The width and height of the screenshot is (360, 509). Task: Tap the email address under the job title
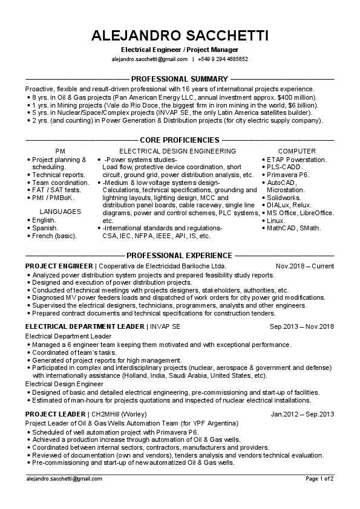(x=149, y=59)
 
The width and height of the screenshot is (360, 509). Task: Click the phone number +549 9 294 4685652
(x=223, y=59)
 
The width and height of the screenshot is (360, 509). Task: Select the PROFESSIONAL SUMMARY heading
(x=180, y=79)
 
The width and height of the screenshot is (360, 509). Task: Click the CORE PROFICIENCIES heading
(x=180, y=139)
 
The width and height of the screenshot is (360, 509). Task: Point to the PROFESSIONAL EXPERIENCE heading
(x=180, y=255)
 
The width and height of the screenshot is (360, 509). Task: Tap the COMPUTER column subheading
(x=296, y=151)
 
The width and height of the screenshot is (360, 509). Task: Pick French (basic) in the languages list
(x=54, y=235)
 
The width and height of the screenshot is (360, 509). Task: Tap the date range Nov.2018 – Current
(x=304, y=266)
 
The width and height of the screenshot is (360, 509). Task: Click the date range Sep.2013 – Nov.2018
(x=301, y=326)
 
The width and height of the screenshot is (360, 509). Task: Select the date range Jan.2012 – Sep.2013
(x=303, y=414)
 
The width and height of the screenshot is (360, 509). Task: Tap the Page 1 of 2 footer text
(x=319, y=478)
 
